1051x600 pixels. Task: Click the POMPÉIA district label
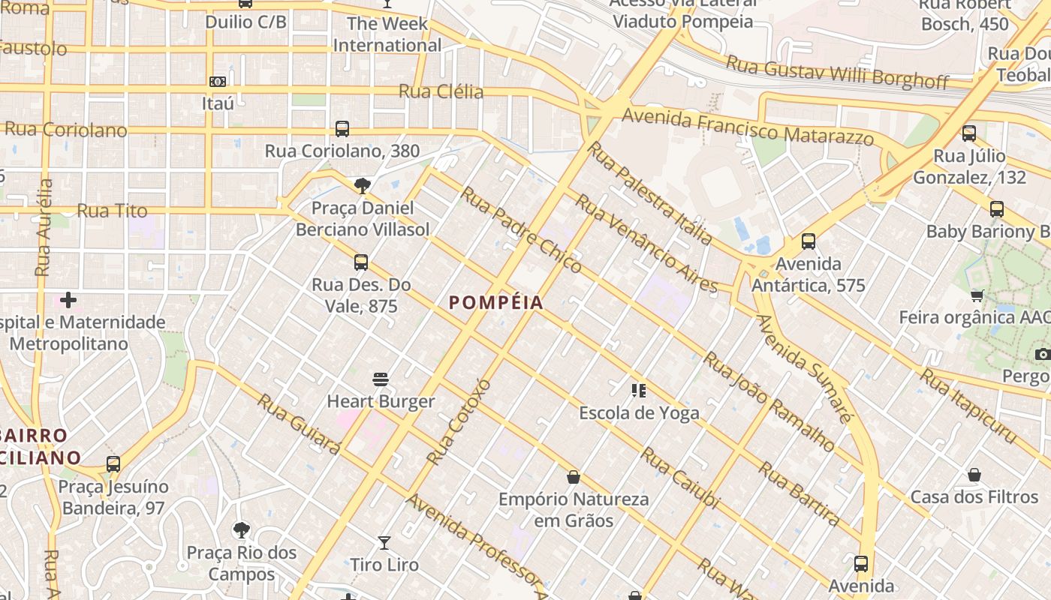(495, 303)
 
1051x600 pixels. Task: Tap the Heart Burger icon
(381, 379)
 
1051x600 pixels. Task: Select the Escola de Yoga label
(639, 412)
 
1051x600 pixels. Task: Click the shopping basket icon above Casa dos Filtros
(974, 475)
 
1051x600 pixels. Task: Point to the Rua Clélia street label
(441, 91)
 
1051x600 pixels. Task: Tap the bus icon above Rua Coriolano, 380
(342, 129)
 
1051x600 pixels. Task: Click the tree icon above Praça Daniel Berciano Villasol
(363, 185)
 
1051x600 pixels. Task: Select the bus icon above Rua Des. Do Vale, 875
(361, 262)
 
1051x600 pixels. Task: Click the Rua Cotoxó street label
(458, 421)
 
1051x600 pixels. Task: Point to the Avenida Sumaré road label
(803, 368)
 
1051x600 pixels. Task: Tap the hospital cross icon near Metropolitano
(68, 301)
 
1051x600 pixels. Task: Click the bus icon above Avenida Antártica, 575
(808, 241)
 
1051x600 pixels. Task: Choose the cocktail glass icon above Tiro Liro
(384, 542)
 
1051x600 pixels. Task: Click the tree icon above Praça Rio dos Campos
(241, 531)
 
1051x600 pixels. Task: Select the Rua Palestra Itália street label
(649, 193)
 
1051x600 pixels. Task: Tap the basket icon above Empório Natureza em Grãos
(574, 477)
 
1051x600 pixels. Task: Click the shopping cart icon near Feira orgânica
(977, 295)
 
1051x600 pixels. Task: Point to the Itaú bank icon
(218, 81)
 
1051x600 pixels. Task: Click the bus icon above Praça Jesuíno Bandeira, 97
(113, 464)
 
